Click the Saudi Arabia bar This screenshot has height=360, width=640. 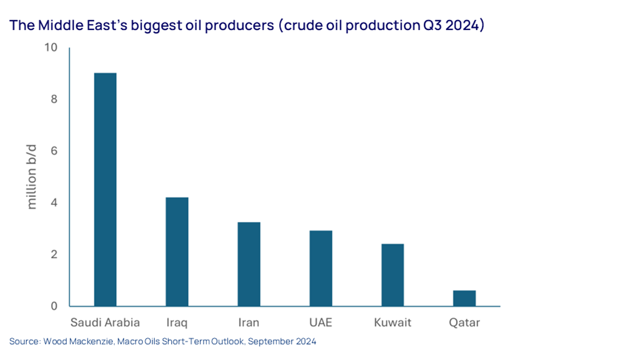[x=105, y=190]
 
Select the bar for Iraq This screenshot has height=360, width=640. [x=177, y=252]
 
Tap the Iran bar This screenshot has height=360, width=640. [x=249, y=264]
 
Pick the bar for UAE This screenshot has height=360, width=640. [x=321, y=269]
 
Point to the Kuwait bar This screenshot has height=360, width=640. [x=393, y=275]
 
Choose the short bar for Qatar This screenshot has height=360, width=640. [x=464, y=298]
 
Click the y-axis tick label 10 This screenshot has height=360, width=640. [x=50, y=47]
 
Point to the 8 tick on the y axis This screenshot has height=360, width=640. [x=54, y=99]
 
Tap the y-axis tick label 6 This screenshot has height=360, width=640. [x=54, y=151]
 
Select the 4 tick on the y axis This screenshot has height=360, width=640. [x=54, y=202]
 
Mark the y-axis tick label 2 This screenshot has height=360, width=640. [x=54, y=254]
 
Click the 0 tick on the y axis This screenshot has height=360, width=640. [x=54, y=306]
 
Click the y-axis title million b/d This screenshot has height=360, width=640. [x=31, y=177]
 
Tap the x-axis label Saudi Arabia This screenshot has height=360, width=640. [x=105, y=322]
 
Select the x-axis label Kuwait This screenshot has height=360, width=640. [x=393, y=322]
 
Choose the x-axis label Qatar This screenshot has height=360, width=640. [x=464, y=323]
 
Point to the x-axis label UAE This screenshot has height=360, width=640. [x=321, y=322]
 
